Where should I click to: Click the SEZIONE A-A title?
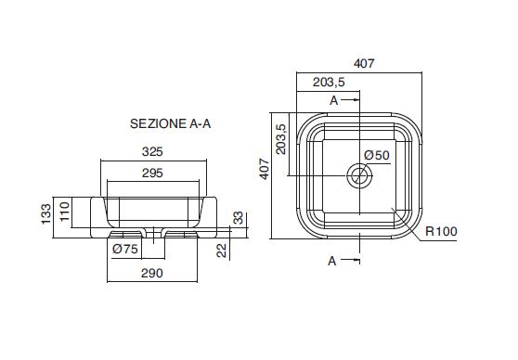tap(171, 123)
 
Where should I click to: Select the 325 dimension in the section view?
tap(152, 151)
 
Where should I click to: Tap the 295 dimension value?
tap(152, 173)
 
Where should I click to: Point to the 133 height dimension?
tap(46, 214)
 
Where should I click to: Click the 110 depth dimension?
tap(65, 212)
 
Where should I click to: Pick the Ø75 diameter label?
tap(125, 249)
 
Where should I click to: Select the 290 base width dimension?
tap(152, 273)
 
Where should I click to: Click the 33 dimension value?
tap(239, 218)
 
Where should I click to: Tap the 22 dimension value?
tap(222, 250)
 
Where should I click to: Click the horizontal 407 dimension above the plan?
tap(364, 63)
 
